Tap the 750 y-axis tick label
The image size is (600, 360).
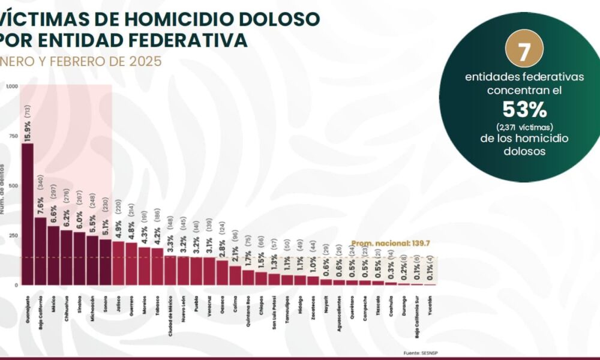(13, 136)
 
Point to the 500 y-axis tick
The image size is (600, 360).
(13, 185)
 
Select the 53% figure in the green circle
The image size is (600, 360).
(524, 110)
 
